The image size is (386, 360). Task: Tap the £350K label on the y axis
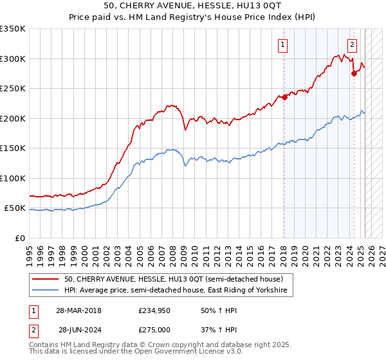click(13, 29)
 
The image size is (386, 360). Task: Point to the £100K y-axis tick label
click(13, 178)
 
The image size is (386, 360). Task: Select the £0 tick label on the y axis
click(21, 238)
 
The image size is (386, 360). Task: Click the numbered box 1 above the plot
click(283, 44)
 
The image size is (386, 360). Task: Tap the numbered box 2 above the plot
click(353, 44)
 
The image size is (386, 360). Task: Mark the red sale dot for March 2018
click(284, 98)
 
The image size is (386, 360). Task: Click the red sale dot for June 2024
click(354, 74)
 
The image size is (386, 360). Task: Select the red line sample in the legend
click(46, 279)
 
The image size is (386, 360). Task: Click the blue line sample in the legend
click(46, 291)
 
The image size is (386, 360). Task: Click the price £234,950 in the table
click(152, 310)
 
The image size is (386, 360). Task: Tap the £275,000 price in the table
click(152, 329)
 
